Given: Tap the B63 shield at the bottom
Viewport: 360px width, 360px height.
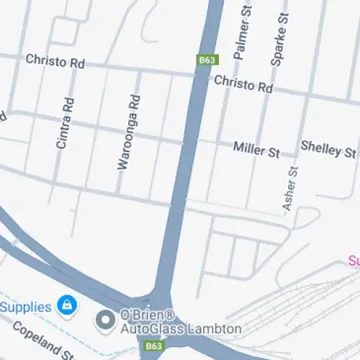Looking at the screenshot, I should coord(153,346).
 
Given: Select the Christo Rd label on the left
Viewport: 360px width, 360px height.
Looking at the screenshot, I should coord(55,61).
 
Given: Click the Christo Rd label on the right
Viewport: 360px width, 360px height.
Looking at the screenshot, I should coord(243,85).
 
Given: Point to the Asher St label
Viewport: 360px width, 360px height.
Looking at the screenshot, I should coord(291,189).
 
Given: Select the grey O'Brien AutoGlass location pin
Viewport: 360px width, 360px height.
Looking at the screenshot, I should coord(106,319).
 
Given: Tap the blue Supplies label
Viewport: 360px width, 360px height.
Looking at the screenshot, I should coord(25,307).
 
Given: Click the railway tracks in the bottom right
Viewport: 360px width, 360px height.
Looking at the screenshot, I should coord(302,317).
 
